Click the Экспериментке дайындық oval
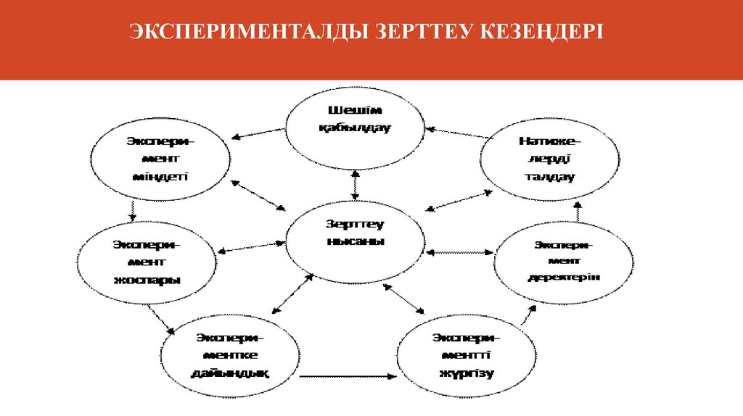(230, 355)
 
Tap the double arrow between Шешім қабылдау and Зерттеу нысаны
(355, 185)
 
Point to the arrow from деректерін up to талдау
(578, 212)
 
